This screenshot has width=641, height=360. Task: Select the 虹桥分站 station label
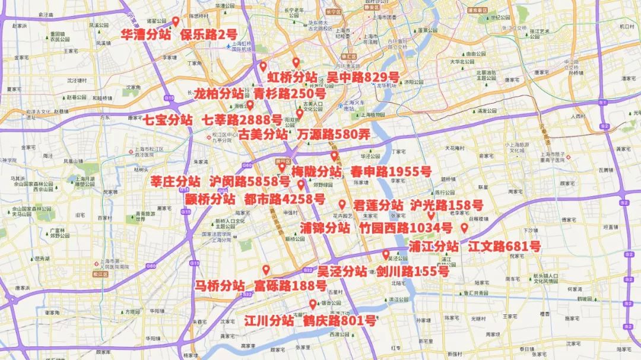click(x=292, y=78)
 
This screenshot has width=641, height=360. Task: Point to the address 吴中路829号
click(x=363, y=78)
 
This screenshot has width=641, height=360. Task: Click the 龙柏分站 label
click(x=218, y=94)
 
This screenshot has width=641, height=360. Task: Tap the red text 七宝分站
click(x=167, y=119)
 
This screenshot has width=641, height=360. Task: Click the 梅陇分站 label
click(x=316, y=172)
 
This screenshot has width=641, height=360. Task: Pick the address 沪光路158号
click(x=446, y=205)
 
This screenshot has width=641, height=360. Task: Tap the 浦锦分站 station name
click(x=325, y=228)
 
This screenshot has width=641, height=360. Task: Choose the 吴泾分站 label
click(x=342, y=272)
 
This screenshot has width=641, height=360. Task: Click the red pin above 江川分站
click(x=312, y=305)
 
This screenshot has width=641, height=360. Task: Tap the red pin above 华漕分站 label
click(x=176, y=22)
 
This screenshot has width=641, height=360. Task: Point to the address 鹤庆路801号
click(x=339, y=321)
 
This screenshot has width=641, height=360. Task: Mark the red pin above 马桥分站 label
click(x=266, y=269)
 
